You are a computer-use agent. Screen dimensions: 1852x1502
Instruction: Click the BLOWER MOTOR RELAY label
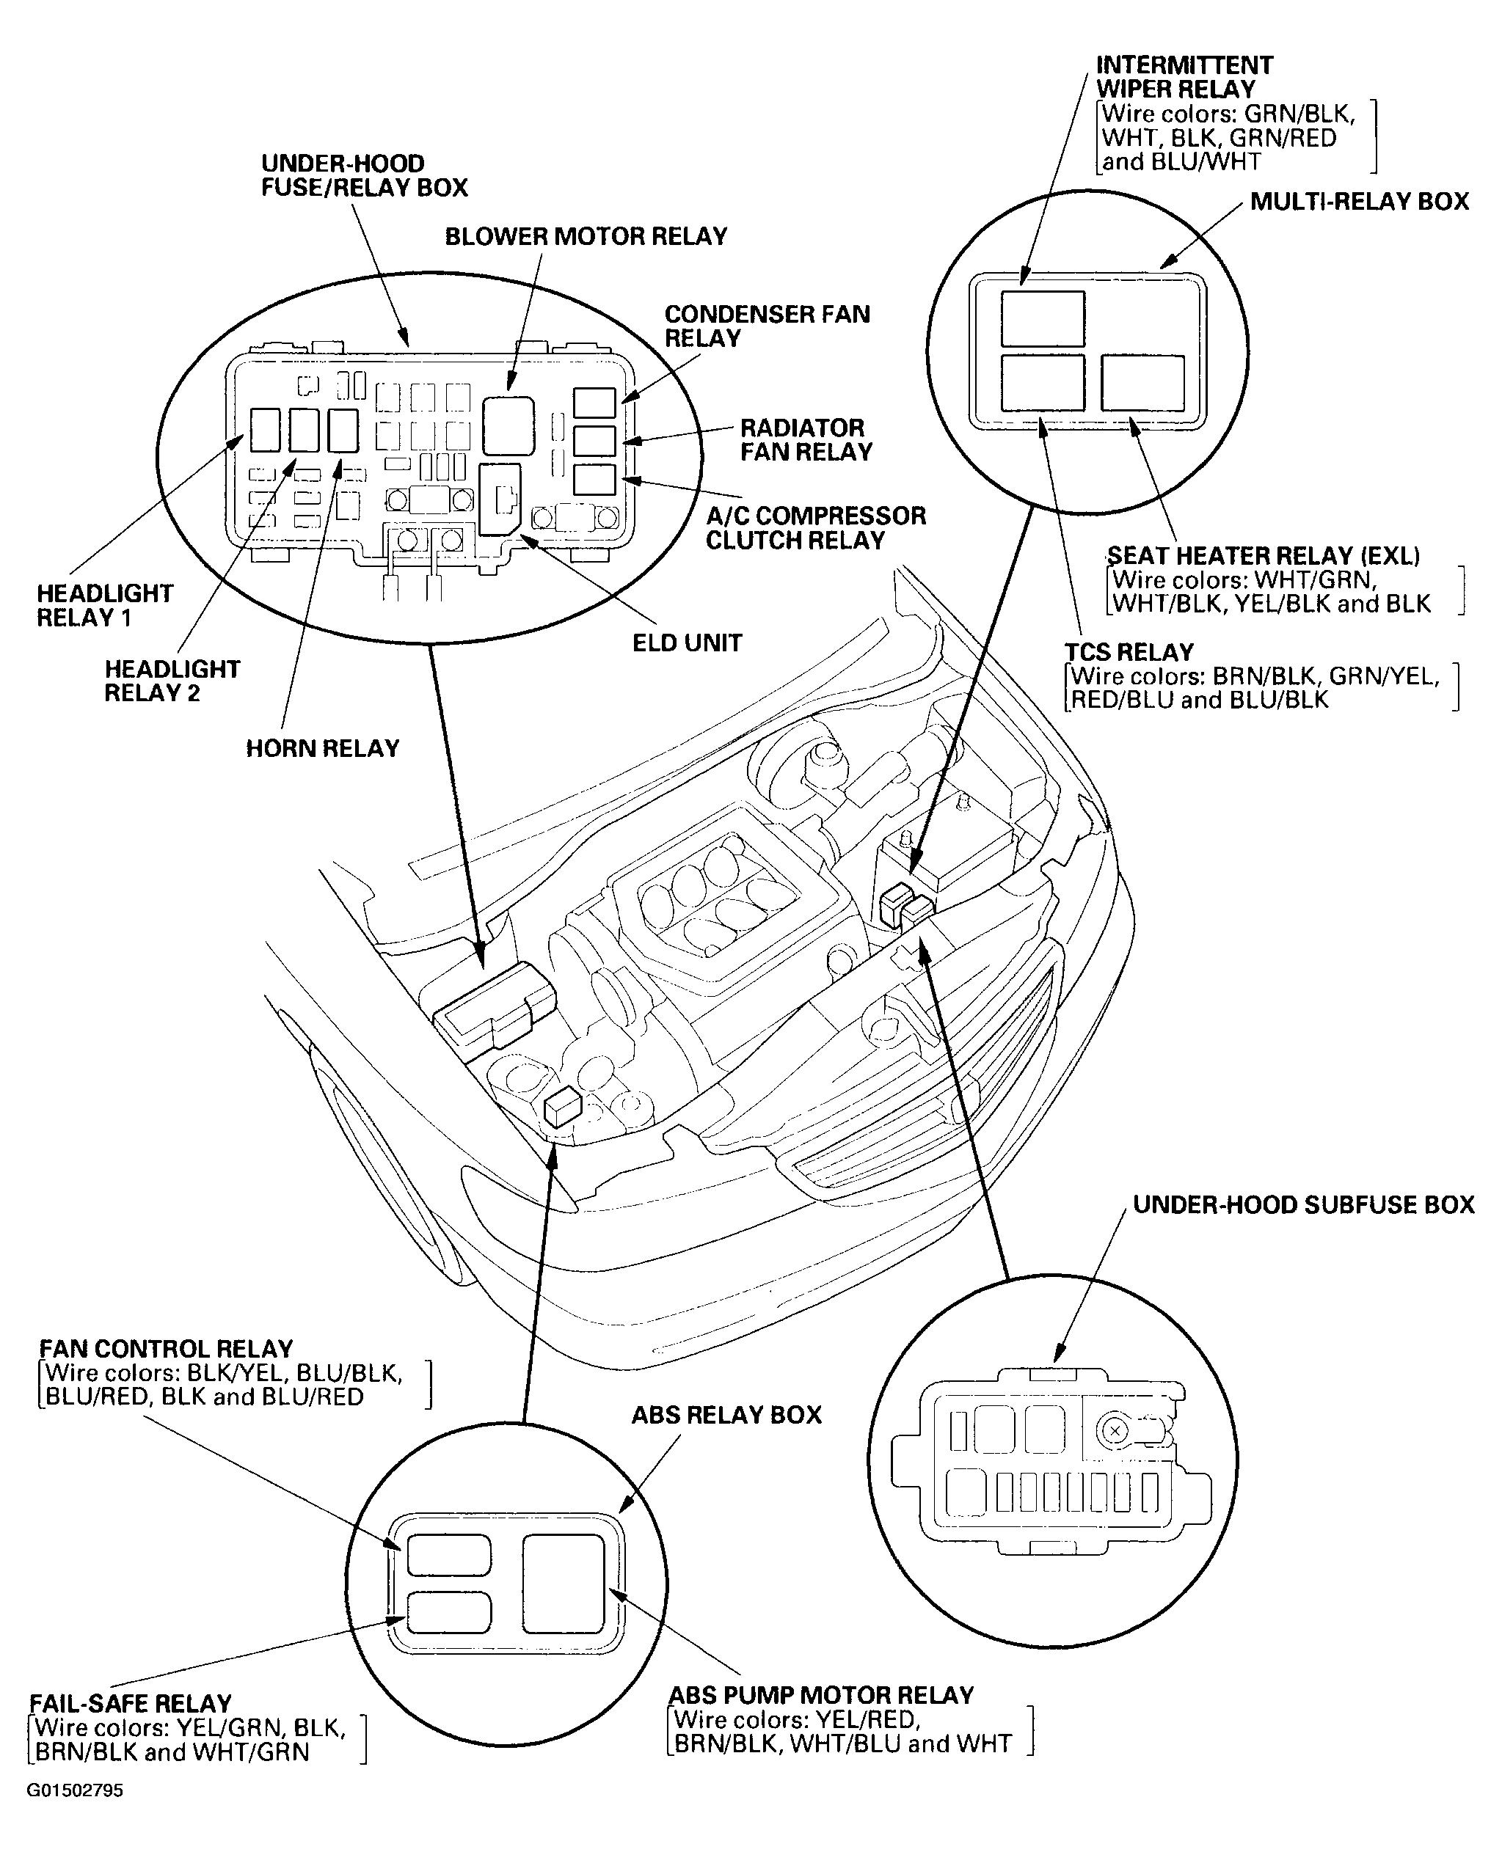click(586, 236)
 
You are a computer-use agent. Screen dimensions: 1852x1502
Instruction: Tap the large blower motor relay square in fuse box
click(508, 425)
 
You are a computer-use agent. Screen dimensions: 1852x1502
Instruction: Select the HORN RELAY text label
click(322, 748)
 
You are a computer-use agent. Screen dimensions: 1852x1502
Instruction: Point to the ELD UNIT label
click(687, 643)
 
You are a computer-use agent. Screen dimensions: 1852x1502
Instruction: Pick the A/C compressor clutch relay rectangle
click(594, 479)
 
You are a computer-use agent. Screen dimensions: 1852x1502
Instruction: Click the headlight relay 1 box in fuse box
click(265, 430)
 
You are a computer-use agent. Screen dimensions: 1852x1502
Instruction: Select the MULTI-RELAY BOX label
click(1359, 202)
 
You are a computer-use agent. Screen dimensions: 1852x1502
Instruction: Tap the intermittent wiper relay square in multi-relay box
click(1043, 318)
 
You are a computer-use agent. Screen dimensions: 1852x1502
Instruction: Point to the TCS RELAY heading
click(1129, 651)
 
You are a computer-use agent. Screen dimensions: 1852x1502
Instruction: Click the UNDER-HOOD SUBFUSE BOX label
click(1303, 1205)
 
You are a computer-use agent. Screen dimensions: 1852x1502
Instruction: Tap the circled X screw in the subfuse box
click(1115, 1432)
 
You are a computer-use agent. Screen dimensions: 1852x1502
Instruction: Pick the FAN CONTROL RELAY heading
click(166, 1349)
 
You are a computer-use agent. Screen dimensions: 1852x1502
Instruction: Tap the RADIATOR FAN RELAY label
click(806, 439)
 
